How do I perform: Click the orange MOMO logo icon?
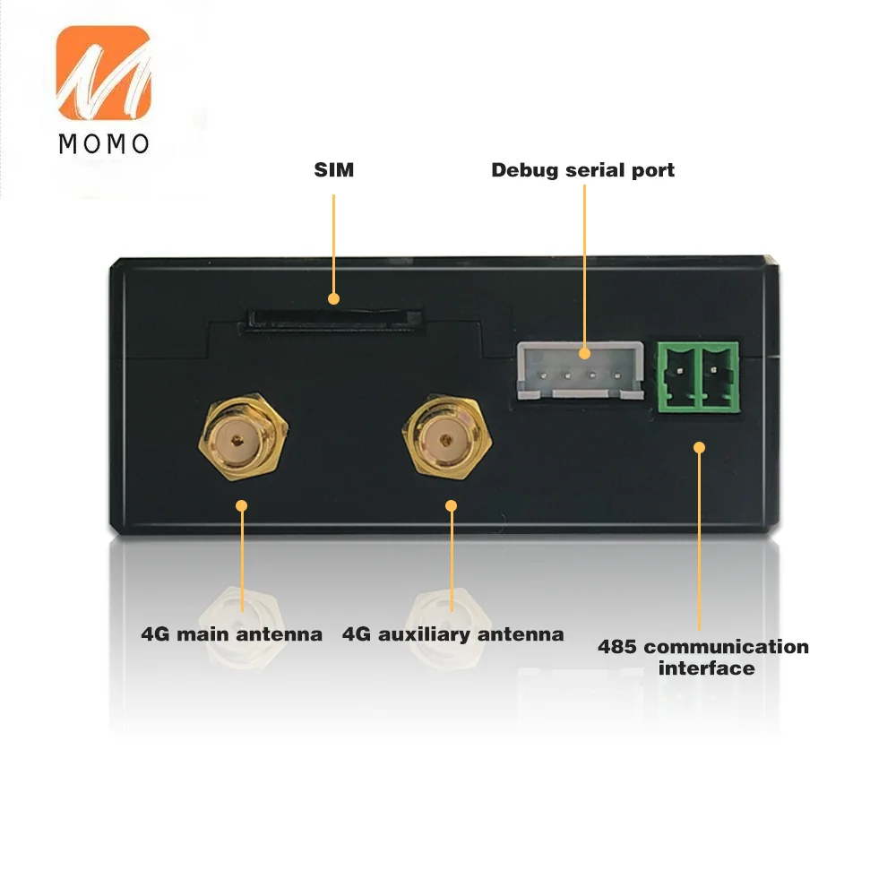pyautogui.click(x=103, y=73)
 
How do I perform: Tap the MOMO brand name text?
pyautogui.click(x=104, y=144)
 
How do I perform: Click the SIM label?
pyautogui.click(x=333, y=169)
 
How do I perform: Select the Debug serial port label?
pyautogui.click(x=583, y=170)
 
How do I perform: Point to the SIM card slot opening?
pyautogui.click(x=333, y=320)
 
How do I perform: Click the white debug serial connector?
pyautogui.click(x=580, y=370)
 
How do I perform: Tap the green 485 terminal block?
pyautogui.click(x=698, y=376)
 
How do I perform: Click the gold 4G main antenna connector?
pyautogui.click(x=243, y=437)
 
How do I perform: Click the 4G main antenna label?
pyautogui.click(x=231, y=634)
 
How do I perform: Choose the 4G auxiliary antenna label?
pyautogui.click(x=452, y=634)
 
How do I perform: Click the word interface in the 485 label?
pyautogui.click(x=706, y=668)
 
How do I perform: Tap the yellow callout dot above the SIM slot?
pyautogui.click(x=333, y=298)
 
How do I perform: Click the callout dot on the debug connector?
pyautogui.click(x=584, y=353)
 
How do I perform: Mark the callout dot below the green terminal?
pyautogui.click(x=699, y=447)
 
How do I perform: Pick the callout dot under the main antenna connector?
pyautogui.click(x=241, y=505)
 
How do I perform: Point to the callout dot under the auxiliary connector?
pyautogui.click(x=451, y=505)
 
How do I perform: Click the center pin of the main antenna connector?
pyautogui.click(x=237, y=440)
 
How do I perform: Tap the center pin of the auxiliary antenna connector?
pyautogui.click(x=445, y=440)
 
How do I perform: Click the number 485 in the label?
pyautogui.click(x=617, y=647)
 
